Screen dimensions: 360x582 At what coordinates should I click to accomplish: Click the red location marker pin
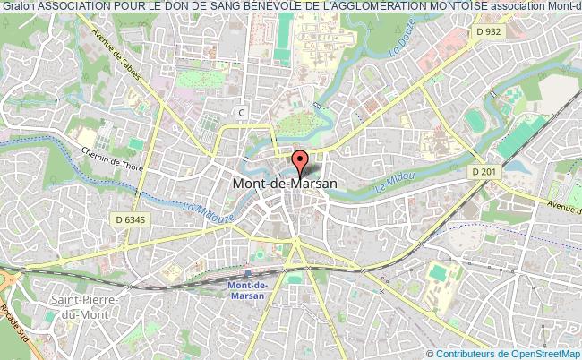pos(301,162)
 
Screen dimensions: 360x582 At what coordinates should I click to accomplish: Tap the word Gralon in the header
pos(18,7)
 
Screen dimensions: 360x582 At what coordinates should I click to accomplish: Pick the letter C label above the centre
pos(241,111)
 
